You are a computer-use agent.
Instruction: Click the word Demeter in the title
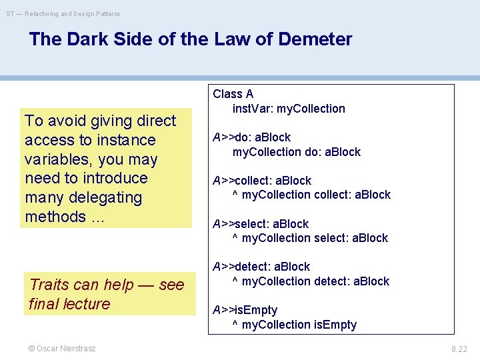(315, 39)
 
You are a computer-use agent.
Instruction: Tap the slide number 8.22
(459, 349)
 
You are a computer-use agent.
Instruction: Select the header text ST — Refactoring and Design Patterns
(63, 13)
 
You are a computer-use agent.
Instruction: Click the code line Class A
(233, 94)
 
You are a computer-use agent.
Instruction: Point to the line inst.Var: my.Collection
(289, 109)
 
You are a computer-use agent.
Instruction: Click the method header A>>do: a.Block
(251, 137)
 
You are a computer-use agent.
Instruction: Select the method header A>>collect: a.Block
(261, 181)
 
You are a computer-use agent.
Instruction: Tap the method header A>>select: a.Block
(260, 224)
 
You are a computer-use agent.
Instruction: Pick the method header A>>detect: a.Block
(261, 267)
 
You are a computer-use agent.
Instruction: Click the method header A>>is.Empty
(245, 310)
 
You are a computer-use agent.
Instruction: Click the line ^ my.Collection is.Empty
(294, 325)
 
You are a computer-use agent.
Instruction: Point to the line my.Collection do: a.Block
(296, 152)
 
